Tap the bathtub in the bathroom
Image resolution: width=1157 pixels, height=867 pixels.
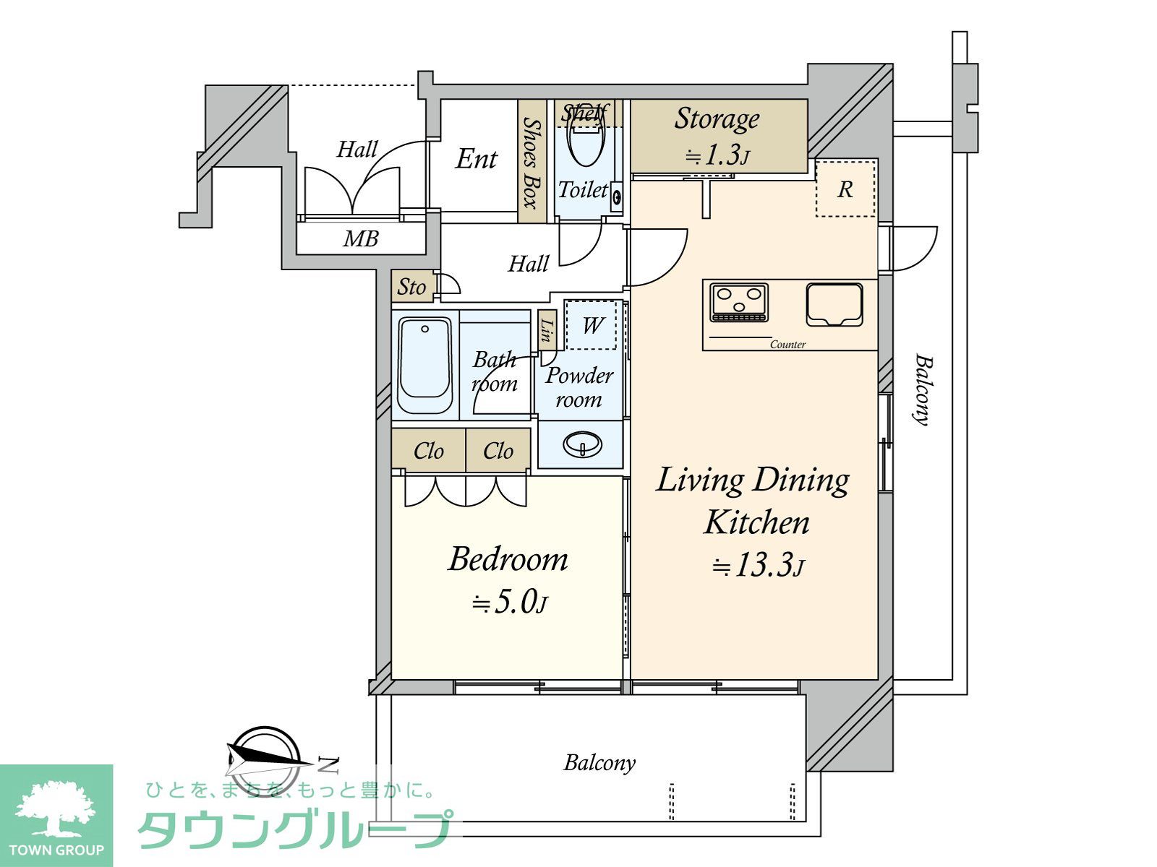coord(424,365)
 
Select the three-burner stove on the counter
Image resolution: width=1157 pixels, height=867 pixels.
coord(738,302)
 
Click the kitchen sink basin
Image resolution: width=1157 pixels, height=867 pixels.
coord(834,304)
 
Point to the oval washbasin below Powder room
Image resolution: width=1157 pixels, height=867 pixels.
coord(582,445)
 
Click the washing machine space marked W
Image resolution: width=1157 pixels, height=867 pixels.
coord(591,325)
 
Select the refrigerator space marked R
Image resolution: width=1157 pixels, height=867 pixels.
coord(845,189)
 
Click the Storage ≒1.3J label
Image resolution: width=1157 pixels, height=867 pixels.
coord(717,135)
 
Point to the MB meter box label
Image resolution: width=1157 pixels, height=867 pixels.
coord(361,239)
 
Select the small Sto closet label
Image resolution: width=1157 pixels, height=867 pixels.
coord(411,287)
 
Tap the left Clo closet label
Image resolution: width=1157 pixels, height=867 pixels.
coord(429,451)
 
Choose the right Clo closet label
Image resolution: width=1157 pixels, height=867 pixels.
coord(498,451)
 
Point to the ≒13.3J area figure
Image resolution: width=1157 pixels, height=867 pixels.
coord(758,565)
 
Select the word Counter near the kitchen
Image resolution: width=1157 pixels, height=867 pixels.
coord(787,345)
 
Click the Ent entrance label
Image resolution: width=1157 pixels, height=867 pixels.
coord(476,159)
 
